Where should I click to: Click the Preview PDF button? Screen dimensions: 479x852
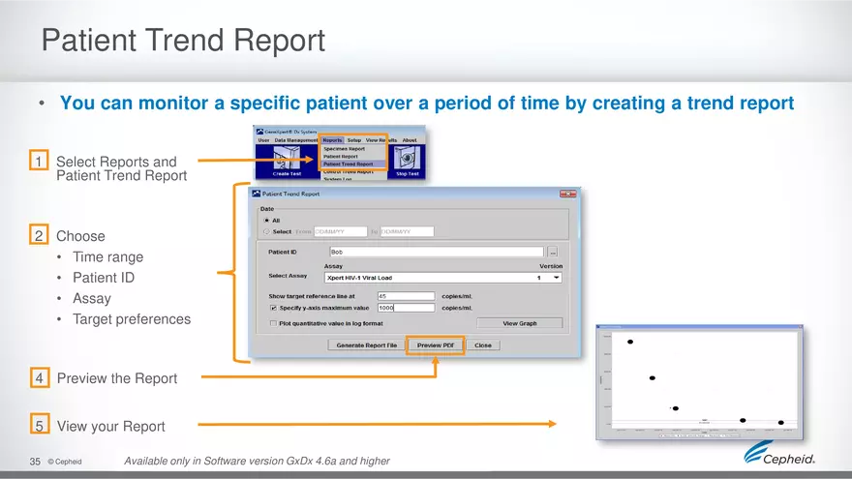coord(435,344)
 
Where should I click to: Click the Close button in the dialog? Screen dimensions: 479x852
coord(482,344)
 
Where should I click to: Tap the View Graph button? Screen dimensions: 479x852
coord(519,323)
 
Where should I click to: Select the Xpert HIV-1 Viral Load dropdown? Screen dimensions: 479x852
coord(443,278)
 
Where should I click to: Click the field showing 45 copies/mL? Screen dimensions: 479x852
coord(405,296)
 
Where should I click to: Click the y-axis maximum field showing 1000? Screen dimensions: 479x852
coord(405,308)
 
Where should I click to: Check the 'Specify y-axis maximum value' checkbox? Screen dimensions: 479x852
coord(274,308)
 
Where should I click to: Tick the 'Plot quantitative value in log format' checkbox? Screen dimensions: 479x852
coord(274,323)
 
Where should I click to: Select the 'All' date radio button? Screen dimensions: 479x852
coord(267,220)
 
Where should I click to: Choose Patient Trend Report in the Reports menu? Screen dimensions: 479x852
coord(348,165)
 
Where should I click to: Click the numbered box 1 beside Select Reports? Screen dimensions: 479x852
coord(39,162)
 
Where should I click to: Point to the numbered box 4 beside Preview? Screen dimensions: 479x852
coord(39,378)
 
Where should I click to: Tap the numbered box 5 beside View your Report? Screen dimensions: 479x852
coord(39,426)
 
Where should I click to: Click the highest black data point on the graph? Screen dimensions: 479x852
coord(630,342)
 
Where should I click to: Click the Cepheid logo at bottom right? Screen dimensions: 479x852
coord(779,456)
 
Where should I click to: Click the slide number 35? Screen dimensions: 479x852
coord(35,462)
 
